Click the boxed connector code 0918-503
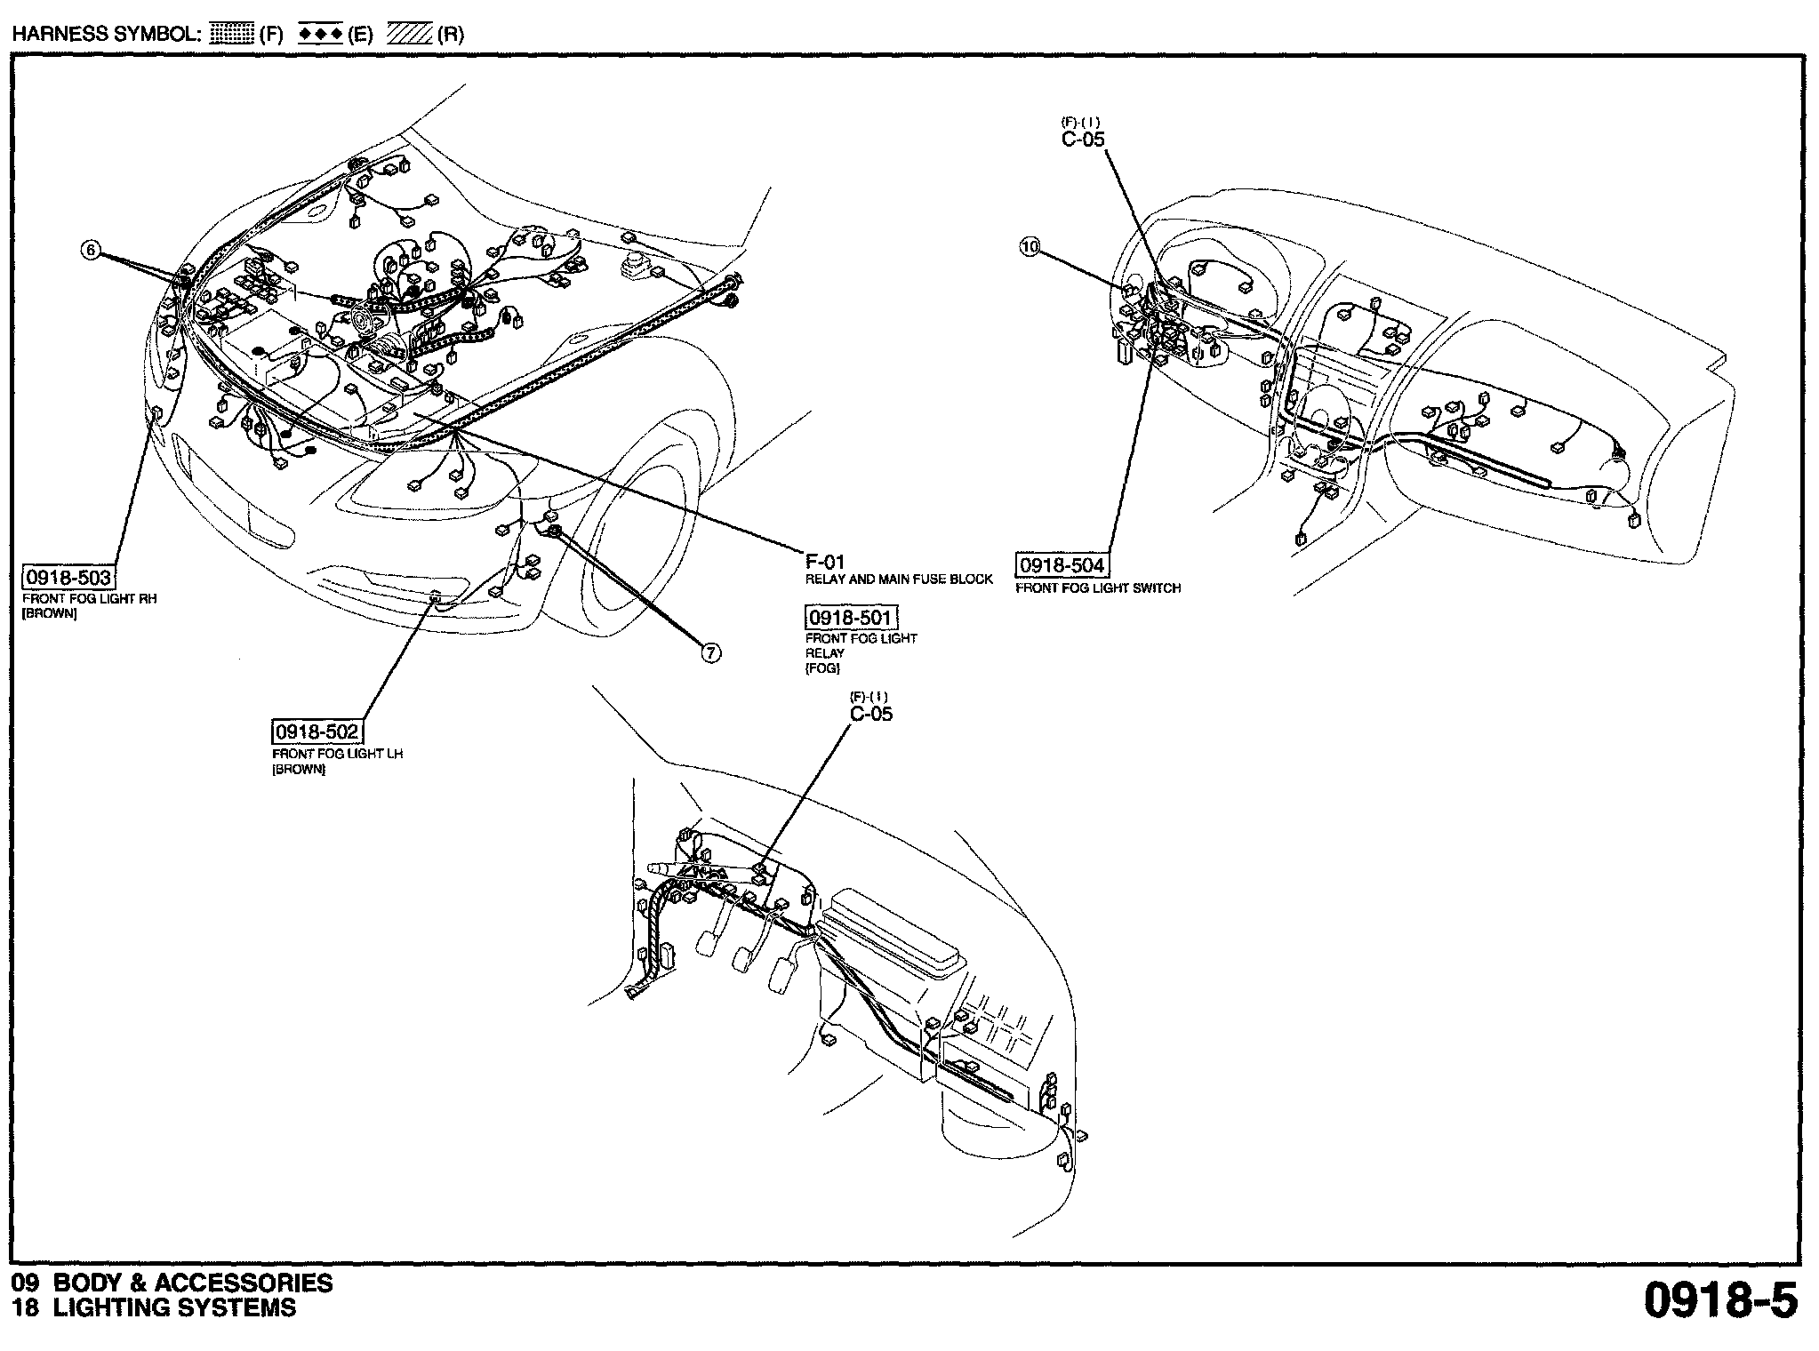coord(68,578)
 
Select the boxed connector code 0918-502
coord(317,732)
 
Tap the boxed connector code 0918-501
coord(851,617)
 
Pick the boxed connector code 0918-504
coord(1062,565)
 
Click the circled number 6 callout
coord(90,251)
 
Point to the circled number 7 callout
coord(710,653)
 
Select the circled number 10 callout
coord(1030,248)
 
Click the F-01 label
coord(825,562)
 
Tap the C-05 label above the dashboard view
coord(1083,139)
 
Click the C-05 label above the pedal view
coord(871,714)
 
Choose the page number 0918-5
coord(1720,1300)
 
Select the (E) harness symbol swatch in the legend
coord(321,35)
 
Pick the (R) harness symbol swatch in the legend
coord(410,35)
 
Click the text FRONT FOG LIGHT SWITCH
coord(1098,588)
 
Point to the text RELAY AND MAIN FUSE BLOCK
coord(899,580)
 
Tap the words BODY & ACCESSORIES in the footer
coord(193,1283)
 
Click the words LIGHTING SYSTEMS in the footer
coord(174,1307)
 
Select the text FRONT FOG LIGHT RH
coord(89,599)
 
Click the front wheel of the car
coord(640,542)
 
